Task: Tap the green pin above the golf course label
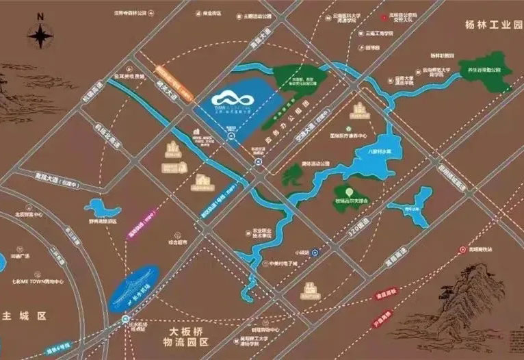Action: point(349,191)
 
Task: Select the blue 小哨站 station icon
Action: point(314,253)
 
